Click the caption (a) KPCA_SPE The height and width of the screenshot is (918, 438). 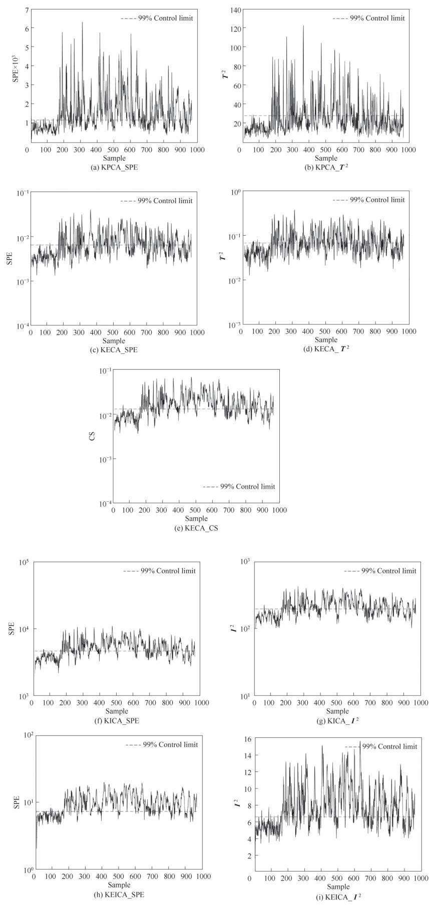coord(114,167)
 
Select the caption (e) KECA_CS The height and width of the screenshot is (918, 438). coord(195,528)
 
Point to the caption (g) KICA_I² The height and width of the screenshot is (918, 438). coord(337,720)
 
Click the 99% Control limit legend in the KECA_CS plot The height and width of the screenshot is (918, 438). coord(239,486)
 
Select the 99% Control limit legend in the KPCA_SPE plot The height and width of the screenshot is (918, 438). coord(157,18)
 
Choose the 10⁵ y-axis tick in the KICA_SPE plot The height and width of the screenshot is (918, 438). coord(23,562)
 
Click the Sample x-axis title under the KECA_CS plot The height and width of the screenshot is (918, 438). coord(196,518)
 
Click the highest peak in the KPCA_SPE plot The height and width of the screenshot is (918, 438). coord(82,23)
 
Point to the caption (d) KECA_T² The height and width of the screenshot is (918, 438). coord(326,349)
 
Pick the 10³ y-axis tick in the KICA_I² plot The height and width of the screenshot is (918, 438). coord(244,562)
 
